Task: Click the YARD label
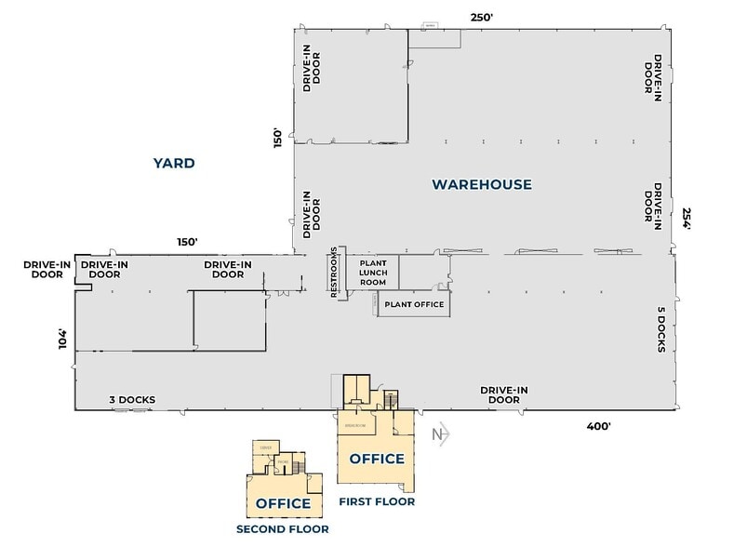tap(174, 164)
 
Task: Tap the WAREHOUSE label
tap(482, 184)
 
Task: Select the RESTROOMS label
tap(335, 273)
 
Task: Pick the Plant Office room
tap(412, 304)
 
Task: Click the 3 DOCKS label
tap(131, 400)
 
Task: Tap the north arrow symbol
tap(440, 433)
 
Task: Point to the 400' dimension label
tap(597, 426)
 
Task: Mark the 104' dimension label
tap(63, 339)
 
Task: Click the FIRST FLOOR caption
tap(377, 502)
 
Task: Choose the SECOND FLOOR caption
tap(283, 529)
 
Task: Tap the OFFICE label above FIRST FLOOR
tap(376, 459)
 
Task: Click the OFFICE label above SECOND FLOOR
tap(283, 503)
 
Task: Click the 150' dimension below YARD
tap(187, 241)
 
